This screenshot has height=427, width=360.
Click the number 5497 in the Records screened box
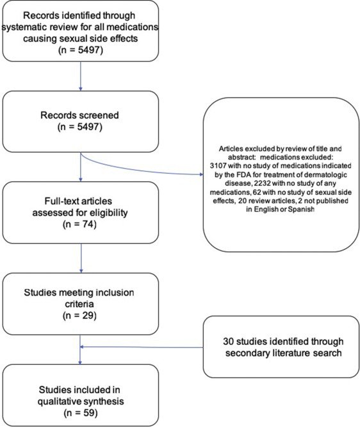[x=90, y=127]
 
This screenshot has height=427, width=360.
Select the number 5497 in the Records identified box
[x=90, y=51]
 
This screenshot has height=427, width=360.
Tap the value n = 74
[x=79, y=224]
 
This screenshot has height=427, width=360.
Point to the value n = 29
[x=79, y=315]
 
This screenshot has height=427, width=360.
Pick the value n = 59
[x=81, y=413]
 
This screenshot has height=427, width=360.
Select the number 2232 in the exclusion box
[x=261, y=183]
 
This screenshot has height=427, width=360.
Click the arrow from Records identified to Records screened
[x=81, y=76]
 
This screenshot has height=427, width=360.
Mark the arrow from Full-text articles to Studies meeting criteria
[x=81, y=258]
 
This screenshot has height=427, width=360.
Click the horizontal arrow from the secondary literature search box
[x=142, y=347]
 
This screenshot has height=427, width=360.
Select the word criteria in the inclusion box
[x=79, y=304]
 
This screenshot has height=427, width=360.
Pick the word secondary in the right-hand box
[x=248, y=353]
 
